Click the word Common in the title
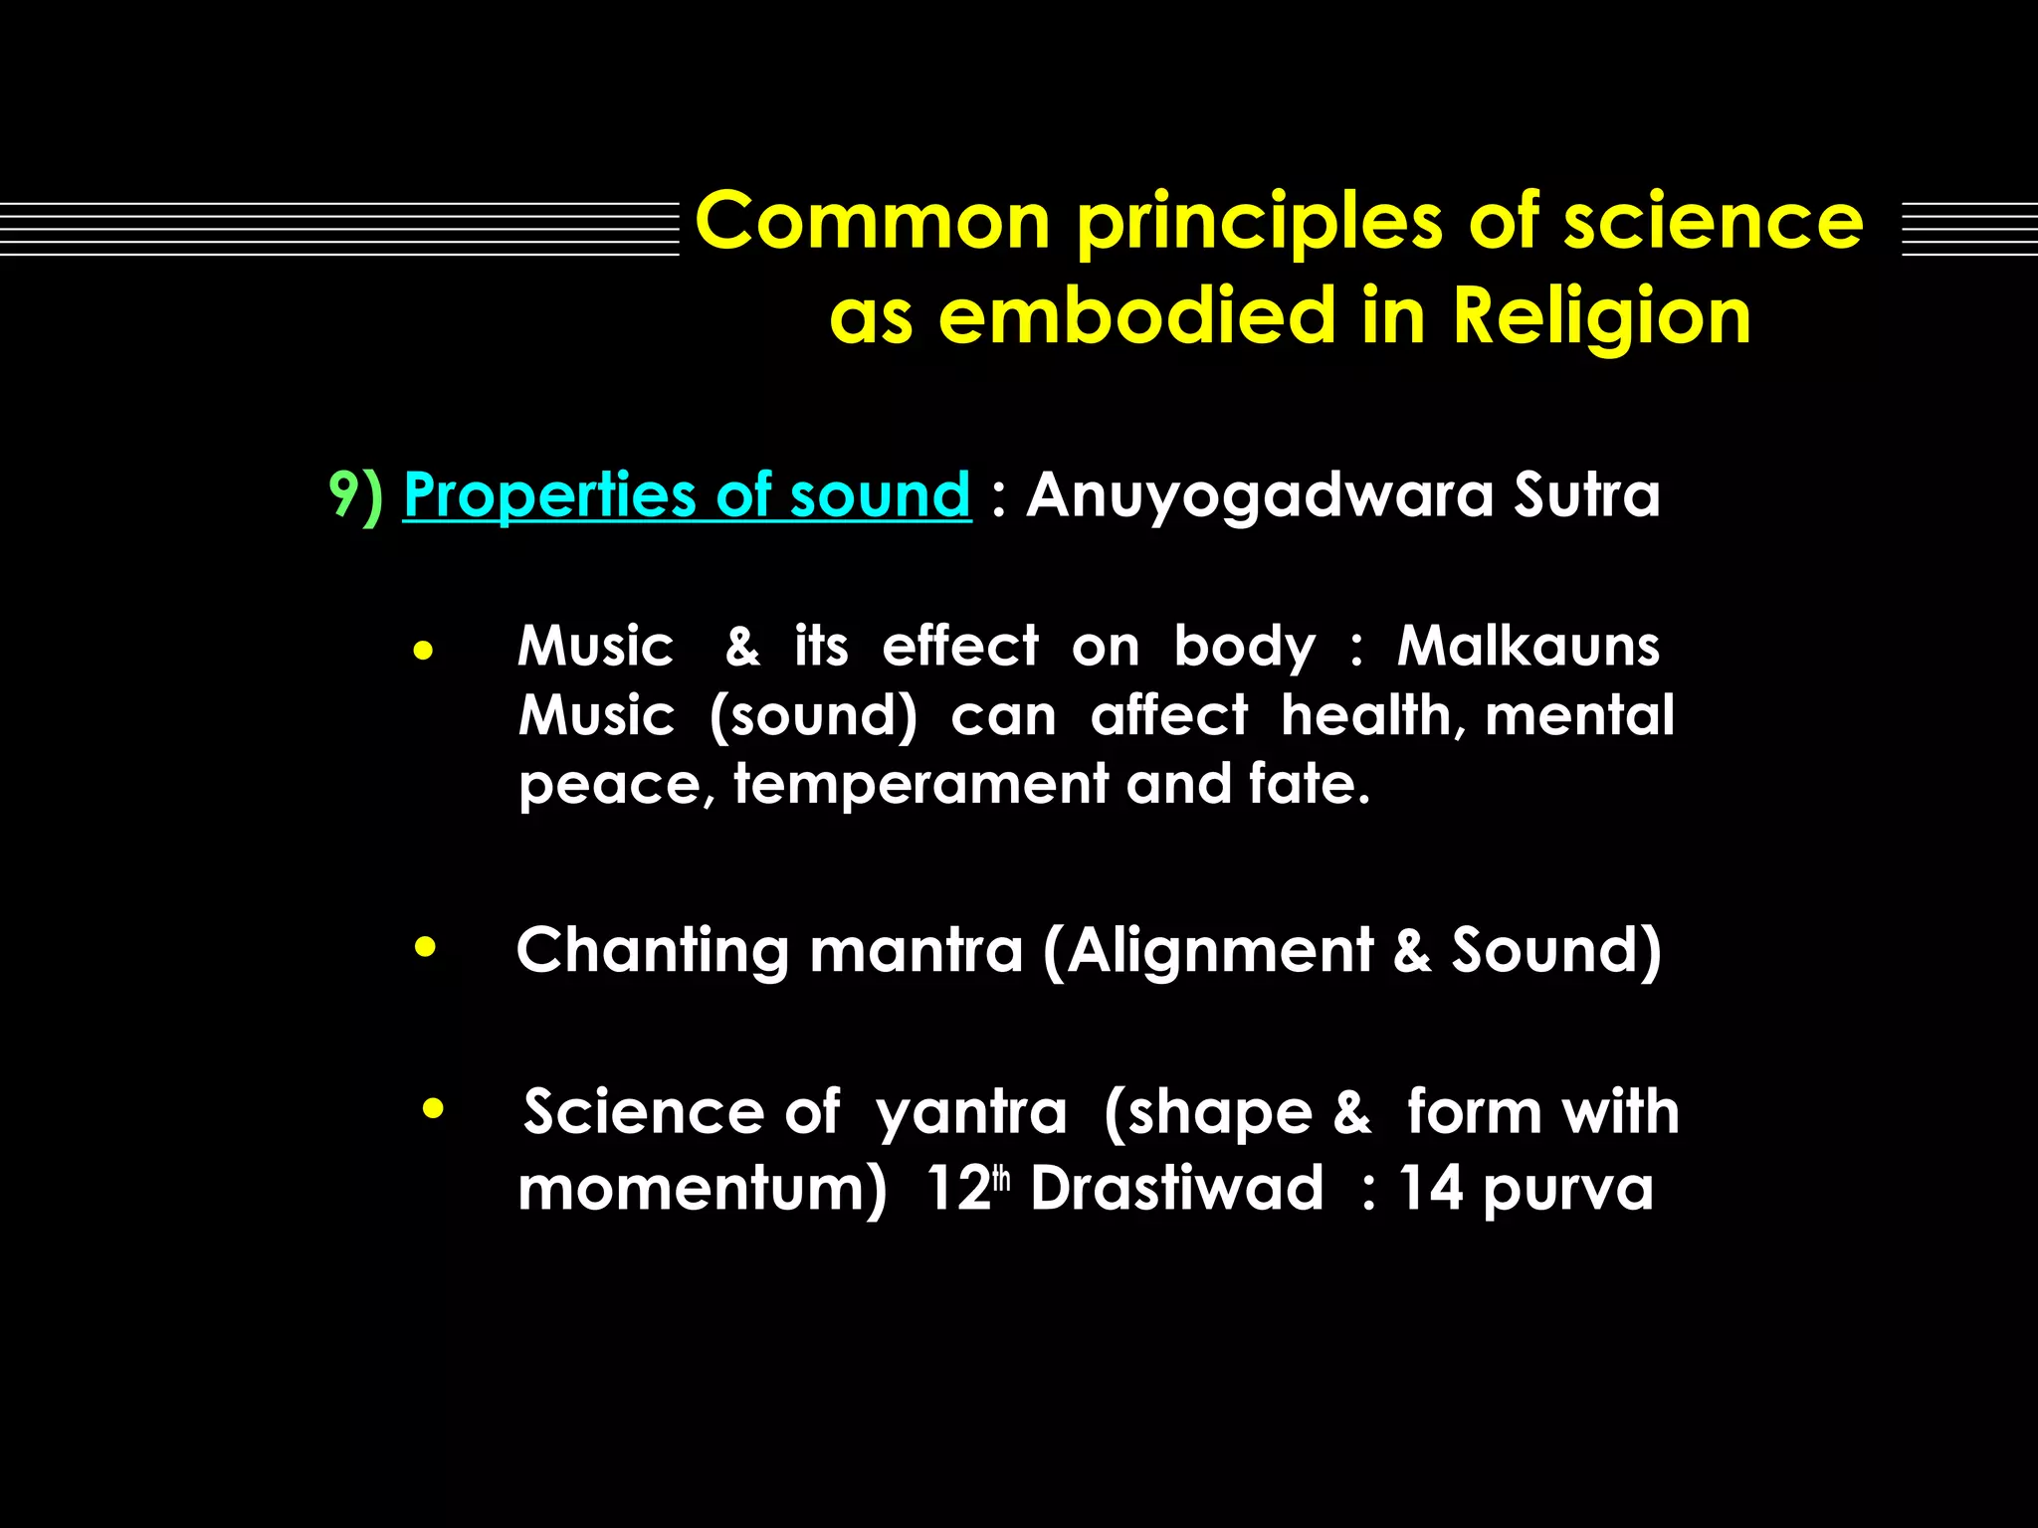(873, 221)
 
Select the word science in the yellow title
(1713, 221)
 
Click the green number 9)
(355, 494)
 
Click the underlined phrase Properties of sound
(687, 494)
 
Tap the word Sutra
(1586, 494)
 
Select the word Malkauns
(1528, 647)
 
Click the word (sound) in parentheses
(813, 716)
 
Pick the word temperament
(919, 784)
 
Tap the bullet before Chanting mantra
(425, 948)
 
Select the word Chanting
(653, 950)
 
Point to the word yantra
(970, 1112)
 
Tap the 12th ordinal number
(965, 1188)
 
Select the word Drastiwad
(1176, 1188)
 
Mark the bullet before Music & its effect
(424, 653)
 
